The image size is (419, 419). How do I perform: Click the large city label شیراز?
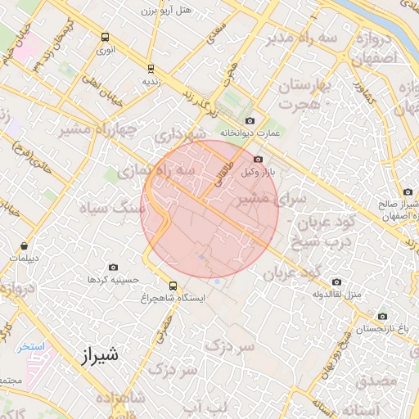[x=101, y=355]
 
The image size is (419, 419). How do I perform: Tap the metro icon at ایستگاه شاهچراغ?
[x=173, y=286]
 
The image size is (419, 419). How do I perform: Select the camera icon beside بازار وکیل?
[x=259, y=160]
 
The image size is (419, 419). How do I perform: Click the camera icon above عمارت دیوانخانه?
[x=250, y=120]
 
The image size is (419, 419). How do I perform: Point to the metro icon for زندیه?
[x=150, y=69]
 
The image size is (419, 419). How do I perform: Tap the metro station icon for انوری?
[x=105, y=37]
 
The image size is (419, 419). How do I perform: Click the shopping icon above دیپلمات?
[x=25, y=246]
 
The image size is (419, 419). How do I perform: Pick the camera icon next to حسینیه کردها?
[x=113, y=268]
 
